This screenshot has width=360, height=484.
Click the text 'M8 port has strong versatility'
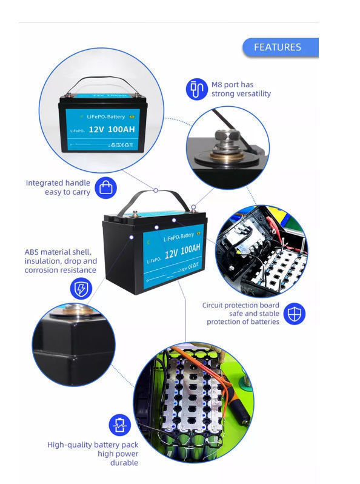(x=241, y=89)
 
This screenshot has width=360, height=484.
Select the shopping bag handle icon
(x=107, y=187)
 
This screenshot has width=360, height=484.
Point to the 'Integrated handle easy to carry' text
(x=58, y=187)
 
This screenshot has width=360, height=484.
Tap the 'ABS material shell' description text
(x=61, y=261)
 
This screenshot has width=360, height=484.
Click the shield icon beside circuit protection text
(x=295, y=314)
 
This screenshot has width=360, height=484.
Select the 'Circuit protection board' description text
(x=241, y=314)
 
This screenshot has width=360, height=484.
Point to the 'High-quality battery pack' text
(x=93, y=454)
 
